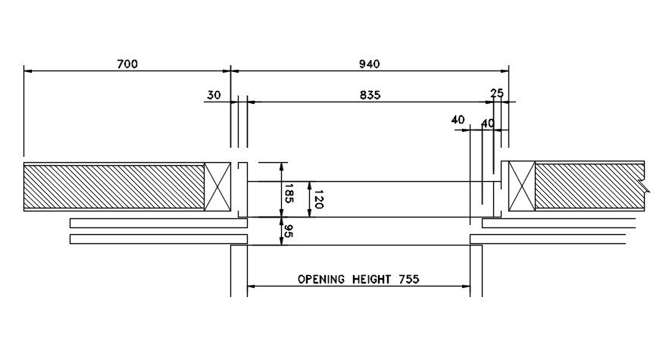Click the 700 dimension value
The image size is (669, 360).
click(127, 64)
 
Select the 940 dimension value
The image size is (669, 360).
click(369, 64)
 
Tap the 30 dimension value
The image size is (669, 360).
click(214, 95)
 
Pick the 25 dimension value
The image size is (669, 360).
click(497, 93)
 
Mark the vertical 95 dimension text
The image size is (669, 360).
click(289, 231)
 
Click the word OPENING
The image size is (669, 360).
click(322, 279)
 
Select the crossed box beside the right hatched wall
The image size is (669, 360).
click(522, 186)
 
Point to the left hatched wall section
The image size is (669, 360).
click(114, 186)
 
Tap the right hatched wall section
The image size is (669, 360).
click(589, 186)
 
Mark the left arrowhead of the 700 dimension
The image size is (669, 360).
click(28, 70)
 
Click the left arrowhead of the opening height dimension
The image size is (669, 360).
click(252, 286)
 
